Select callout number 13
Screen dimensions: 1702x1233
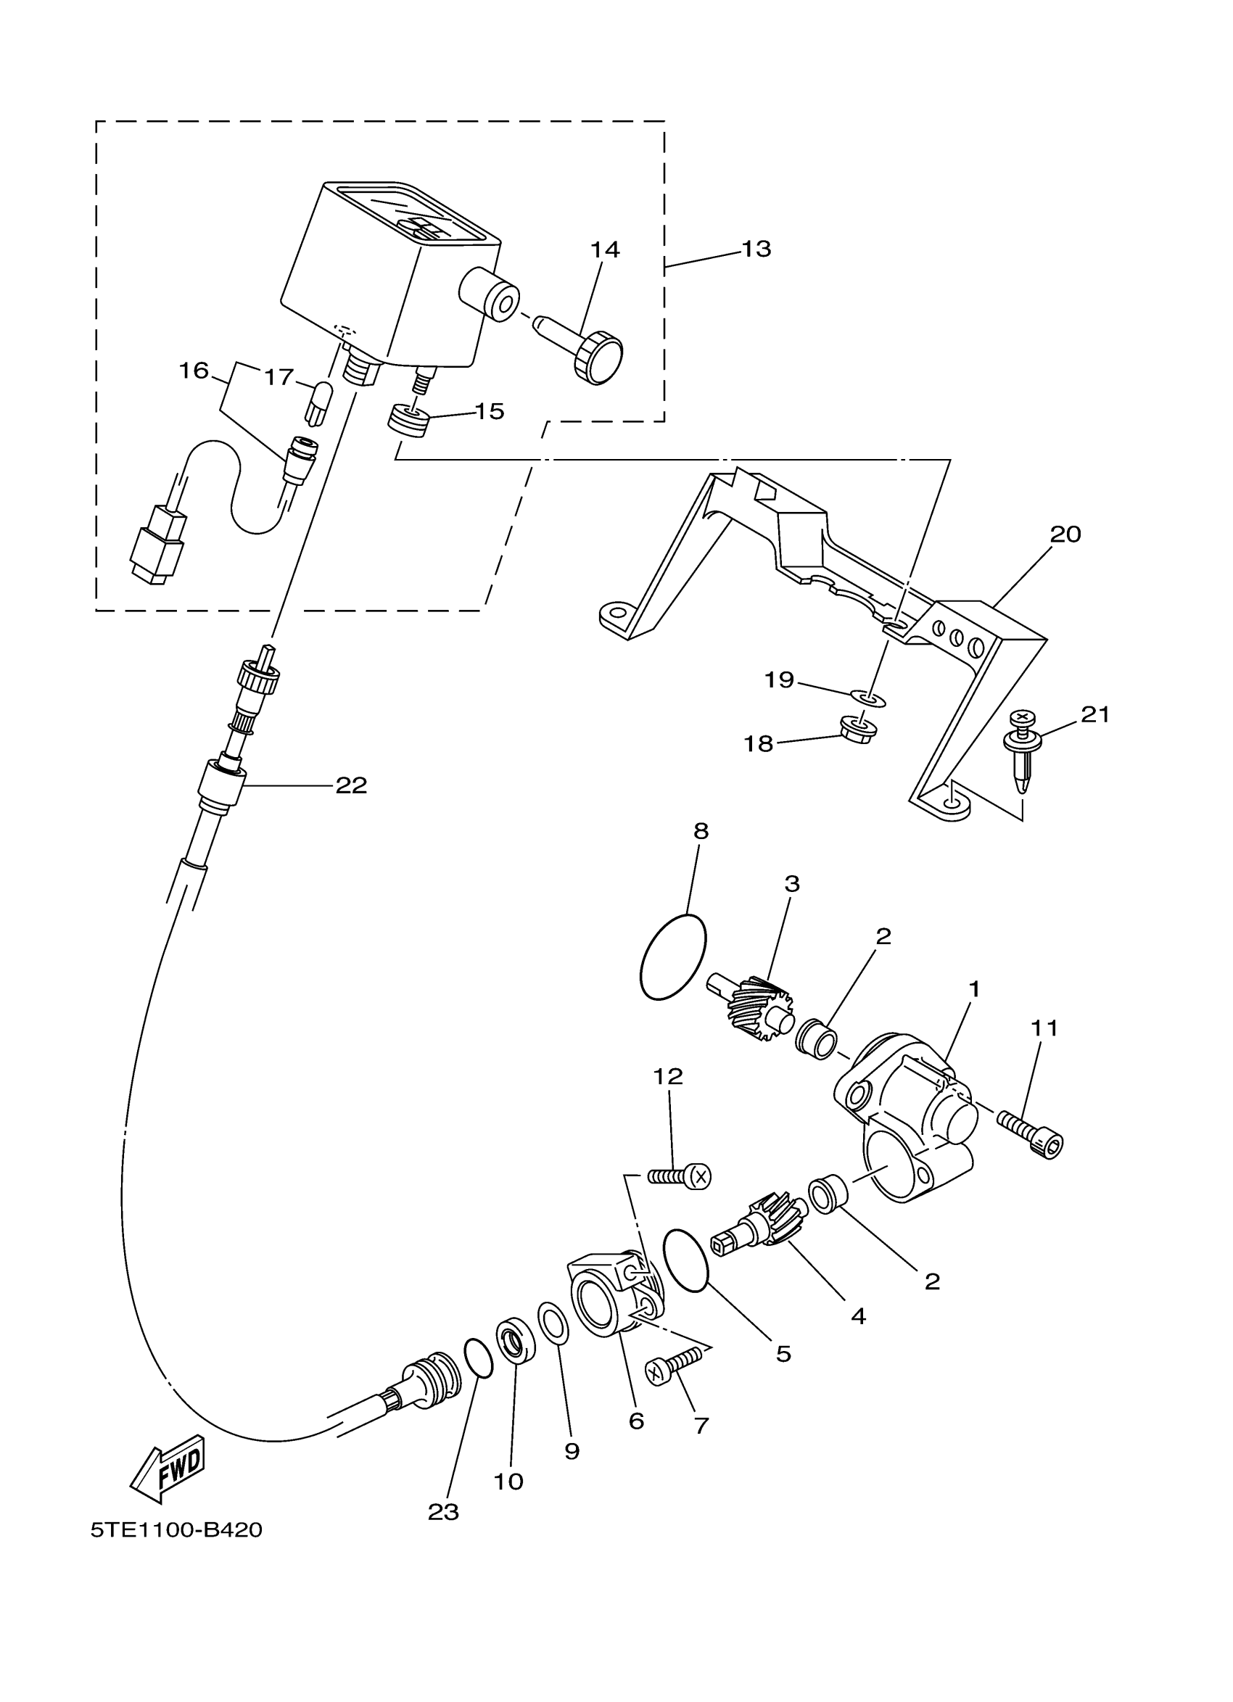coord(756,249)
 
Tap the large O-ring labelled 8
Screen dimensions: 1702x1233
coord(673,956)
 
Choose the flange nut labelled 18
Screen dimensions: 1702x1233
coord(857,729)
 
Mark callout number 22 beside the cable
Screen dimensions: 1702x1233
coord(350,785)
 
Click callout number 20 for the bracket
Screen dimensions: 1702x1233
coord(1065,534)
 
